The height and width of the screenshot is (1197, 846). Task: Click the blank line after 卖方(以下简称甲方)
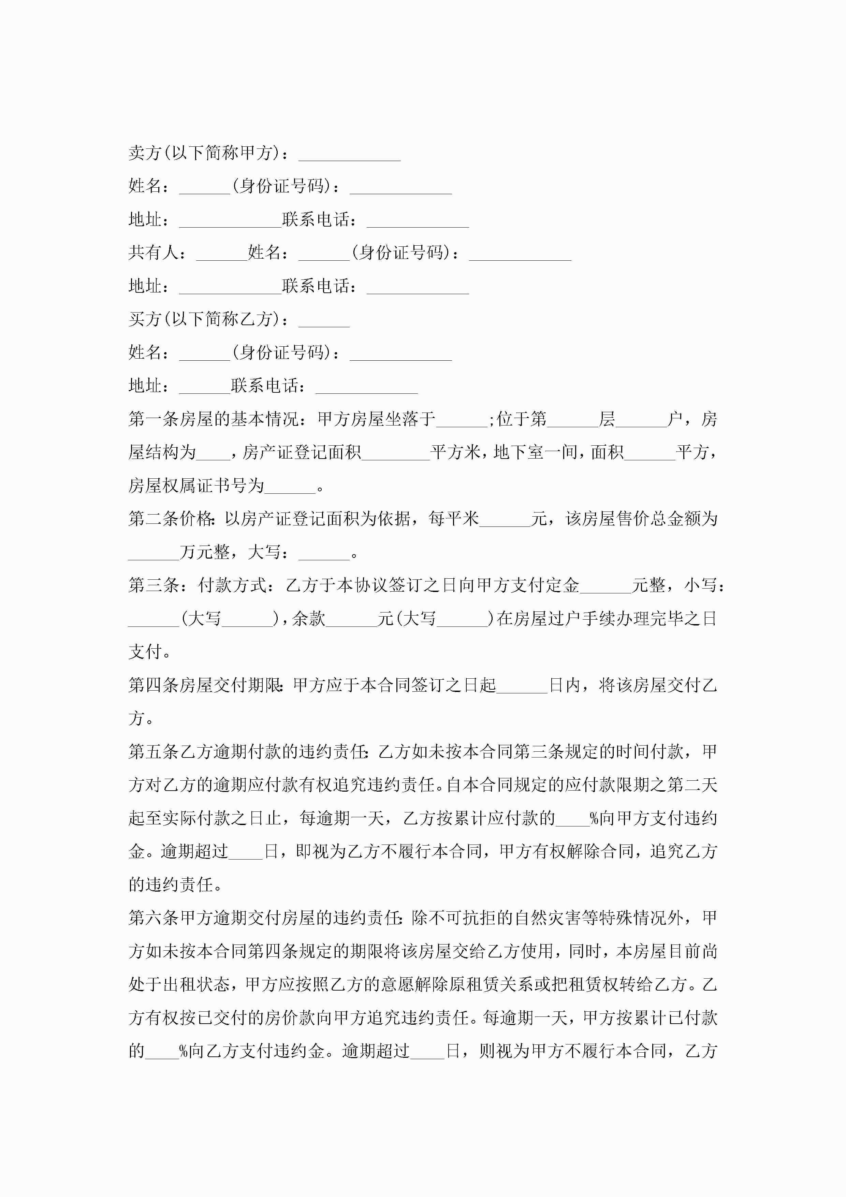349,156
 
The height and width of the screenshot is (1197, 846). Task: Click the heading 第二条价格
171,519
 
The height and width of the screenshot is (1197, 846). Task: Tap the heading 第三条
154,586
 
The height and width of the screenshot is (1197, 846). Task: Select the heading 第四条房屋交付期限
205,685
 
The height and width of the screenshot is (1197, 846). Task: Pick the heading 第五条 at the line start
154,752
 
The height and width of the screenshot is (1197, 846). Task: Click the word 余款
309,619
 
